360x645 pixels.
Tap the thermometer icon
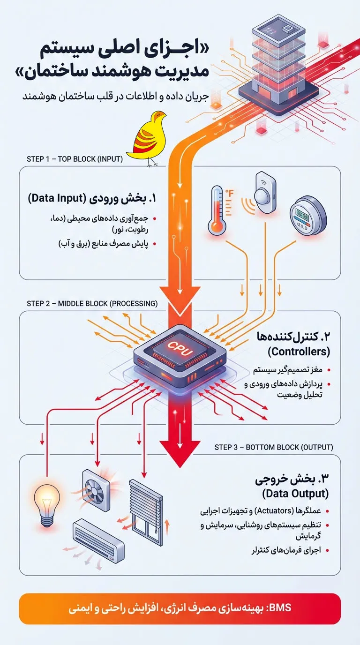(217, 210)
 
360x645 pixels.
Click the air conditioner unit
(98, 543)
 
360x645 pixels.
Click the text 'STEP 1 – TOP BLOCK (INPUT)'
(75, 159)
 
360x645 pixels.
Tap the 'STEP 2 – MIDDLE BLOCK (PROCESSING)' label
(92, 303)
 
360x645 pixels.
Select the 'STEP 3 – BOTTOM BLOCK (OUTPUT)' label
(274, 447)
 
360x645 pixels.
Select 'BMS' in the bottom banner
(281, 608)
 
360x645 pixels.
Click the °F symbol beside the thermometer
(230, 193)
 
